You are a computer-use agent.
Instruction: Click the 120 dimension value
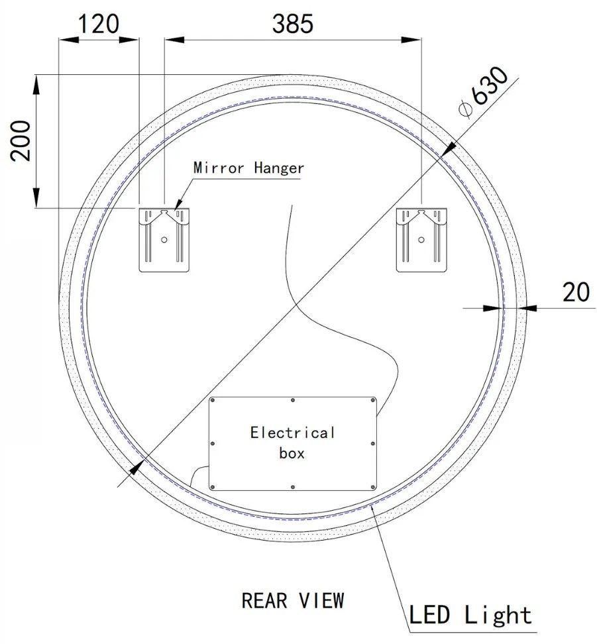[99, 24]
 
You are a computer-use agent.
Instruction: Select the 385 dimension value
[292, 24]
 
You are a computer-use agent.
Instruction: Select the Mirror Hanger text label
[248, 168]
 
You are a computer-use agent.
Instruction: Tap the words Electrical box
[292, 443]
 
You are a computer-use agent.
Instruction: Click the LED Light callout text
[470, 615]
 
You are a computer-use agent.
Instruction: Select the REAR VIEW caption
[292, 600]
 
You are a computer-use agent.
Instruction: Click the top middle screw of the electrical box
[293, 400]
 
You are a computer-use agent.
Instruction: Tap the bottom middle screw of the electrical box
[293, 487]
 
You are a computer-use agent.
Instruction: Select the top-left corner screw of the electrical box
[213, 400]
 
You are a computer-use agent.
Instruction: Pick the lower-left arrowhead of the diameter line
[136, 467]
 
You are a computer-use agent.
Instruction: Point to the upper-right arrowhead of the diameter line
[447, 148]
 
